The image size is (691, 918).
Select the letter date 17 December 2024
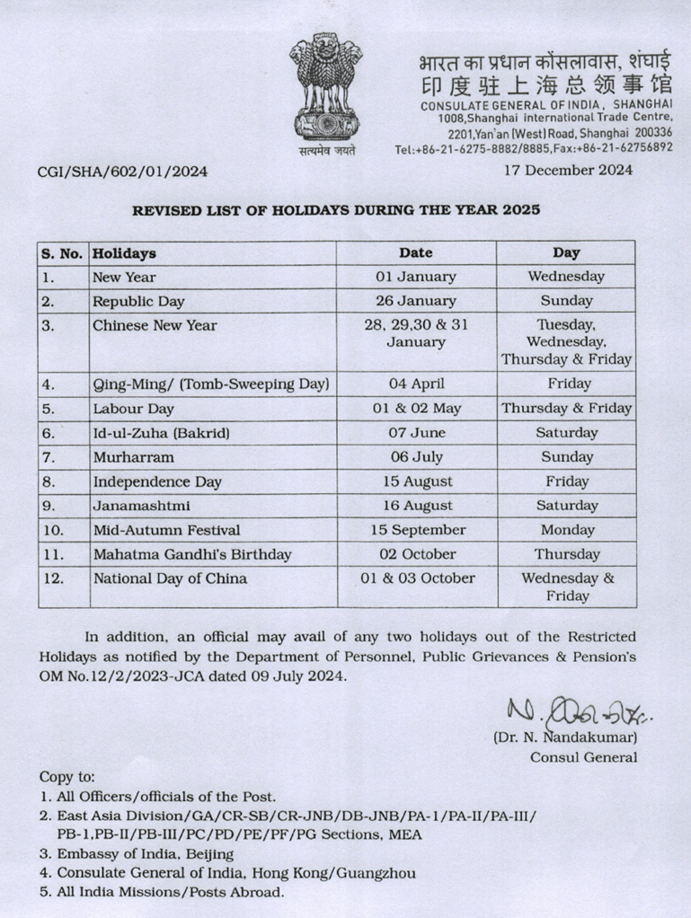click(x=568, y=169)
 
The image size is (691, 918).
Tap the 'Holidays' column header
click(x=124, y=253)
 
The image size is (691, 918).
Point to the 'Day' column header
click(x=566, y=252)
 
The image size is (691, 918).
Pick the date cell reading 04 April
click(x=416, y=384)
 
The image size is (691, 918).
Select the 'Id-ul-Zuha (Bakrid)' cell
click(x=162, y=432)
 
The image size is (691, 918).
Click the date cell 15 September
click(x=416, y=530)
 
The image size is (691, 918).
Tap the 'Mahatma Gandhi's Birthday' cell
click(x=192, y=554)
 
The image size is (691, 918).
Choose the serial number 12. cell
click(x=54, y=578)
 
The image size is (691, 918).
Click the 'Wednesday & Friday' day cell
click(x=567, y=587)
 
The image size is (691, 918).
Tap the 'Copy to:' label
click(x=66, y=776)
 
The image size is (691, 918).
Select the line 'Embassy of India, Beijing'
click(x=137, y=853)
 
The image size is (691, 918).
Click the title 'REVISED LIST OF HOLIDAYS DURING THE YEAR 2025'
click(x=337, y=211)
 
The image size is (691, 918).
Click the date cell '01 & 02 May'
click(x=416, y=408)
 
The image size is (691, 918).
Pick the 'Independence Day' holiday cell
click(x=157, y=481)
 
